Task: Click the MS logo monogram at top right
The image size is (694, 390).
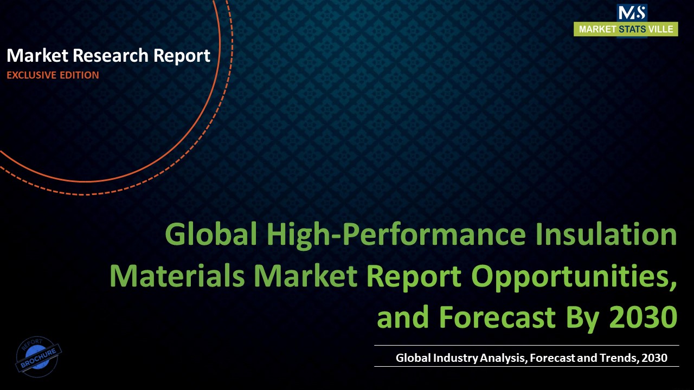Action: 632,13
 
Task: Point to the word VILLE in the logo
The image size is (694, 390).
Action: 661,29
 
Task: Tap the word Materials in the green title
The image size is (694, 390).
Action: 177,276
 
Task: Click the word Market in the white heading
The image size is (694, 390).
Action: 35,55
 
